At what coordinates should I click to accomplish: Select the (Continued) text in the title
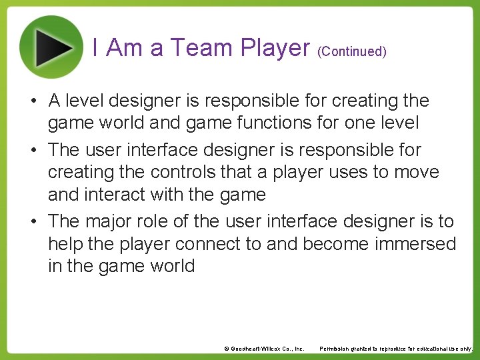(x=352, y=51)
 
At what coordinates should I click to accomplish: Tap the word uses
(x=347, y=172)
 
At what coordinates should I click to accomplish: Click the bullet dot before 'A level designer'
(x=32, y=102)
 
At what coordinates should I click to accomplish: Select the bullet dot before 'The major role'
(x=32, y=221)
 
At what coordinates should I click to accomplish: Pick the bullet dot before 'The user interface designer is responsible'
(x=32, y=151)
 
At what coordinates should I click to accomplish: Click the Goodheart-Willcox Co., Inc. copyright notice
(x=264, y=349)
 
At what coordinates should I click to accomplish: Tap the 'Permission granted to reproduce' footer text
(x=396, y=349)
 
